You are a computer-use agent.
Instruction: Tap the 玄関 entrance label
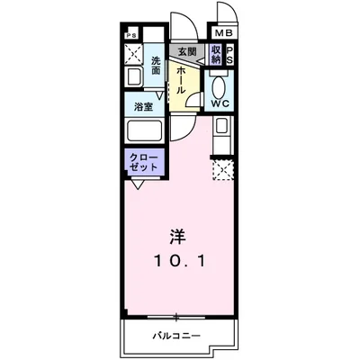click(186, 53)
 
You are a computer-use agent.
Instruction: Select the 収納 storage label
click(216, 55)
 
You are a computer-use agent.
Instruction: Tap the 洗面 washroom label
click(157, 65)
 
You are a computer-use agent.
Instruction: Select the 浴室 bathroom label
click(145, 106)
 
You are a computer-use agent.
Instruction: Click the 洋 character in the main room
click(178, 238)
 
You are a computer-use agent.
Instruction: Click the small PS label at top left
click(132, 36)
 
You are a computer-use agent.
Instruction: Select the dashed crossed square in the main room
click(220, 169)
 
